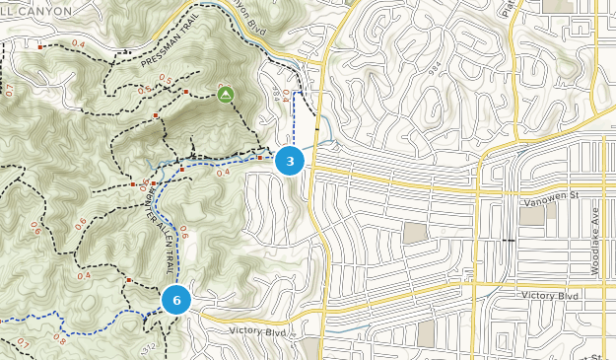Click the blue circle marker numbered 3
point(290,161)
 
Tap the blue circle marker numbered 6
point(176,300)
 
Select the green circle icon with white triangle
point(226,95)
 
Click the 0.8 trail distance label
point(59,339)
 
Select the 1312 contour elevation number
point(149,349)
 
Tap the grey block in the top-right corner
point(557,6)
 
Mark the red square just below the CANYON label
point(40,46)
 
